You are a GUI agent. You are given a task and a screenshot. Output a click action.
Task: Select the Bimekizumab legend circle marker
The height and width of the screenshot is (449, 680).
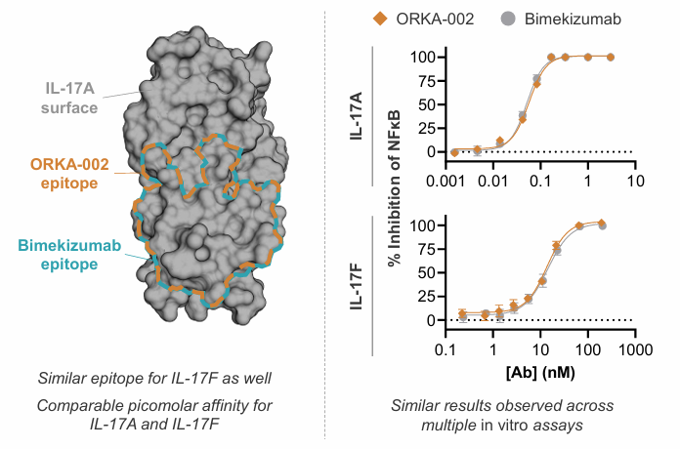[507, 18]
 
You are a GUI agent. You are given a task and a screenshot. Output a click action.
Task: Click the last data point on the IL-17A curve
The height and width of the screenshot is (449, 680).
[612, 58]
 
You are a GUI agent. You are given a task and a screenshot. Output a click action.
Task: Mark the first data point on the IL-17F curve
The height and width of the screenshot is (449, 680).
[463, 314]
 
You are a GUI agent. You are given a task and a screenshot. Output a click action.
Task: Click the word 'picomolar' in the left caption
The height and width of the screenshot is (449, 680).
[179, 404]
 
